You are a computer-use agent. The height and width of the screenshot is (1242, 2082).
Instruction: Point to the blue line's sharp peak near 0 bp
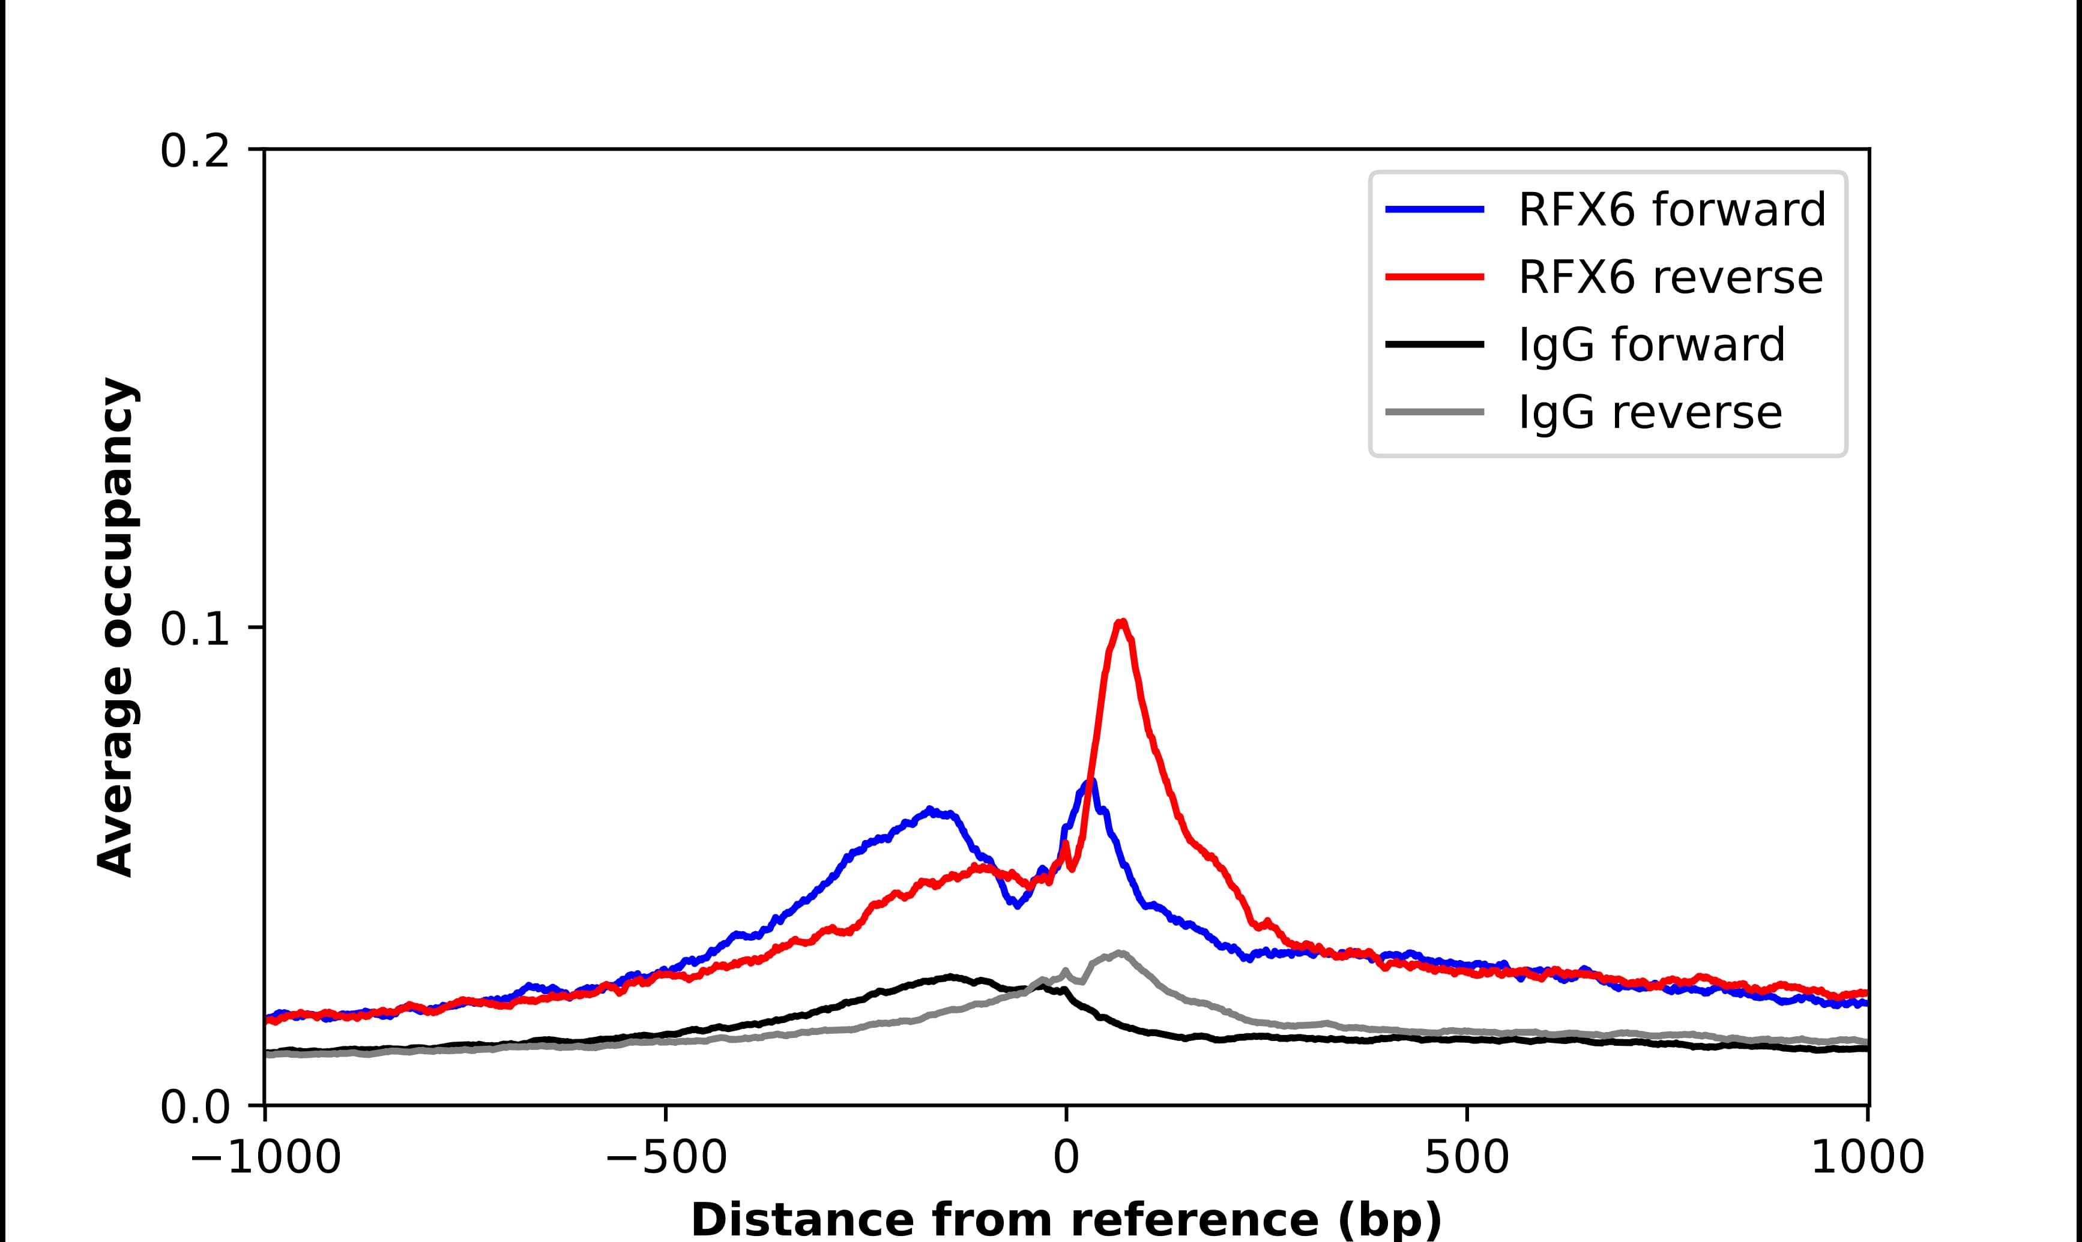1090,782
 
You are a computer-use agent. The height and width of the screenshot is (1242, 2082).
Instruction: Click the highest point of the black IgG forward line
949,977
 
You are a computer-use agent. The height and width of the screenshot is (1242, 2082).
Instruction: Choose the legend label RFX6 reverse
1670,277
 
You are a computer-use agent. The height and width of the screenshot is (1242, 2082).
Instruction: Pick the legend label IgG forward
1652,345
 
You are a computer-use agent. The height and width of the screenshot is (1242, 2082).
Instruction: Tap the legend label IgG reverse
1650,413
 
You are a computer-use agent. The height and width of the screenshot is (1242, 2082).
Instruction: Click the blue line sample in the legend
1435,209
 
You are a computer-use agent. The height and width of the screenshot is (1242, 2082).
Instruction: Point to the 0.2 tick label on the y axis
195,151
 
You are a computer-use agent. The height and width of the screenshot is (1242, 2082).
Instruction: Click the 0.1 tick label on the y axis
195,629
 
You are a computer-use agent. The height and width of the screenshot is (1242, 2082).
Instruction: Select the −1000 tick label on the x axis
265,1159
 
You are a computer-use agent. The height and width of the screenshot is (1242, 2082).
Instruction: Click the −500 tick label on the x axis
666,1159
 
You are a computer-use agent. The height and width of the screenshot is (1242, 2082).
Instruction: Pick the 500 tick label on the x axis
1467,1159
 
